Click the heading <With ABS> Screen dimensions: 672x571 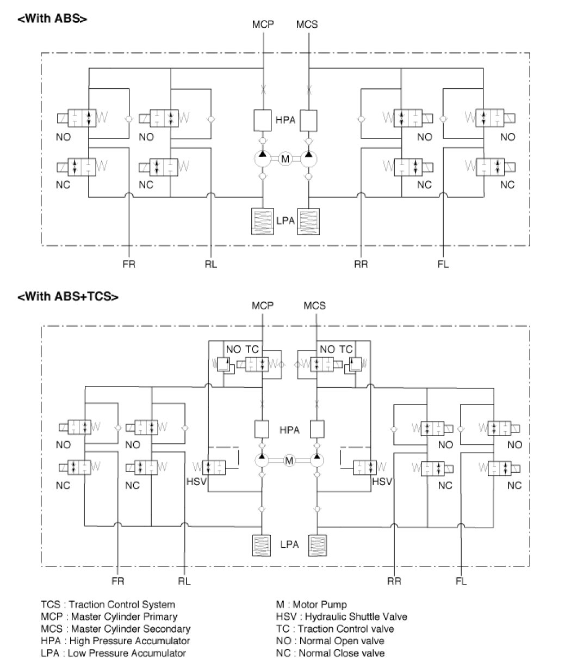(x=53, y=19)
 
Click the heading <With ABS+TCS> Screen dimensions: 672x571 (x=68, y=297)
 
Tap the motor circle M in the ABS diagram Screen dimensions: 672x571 (x=286, y=159)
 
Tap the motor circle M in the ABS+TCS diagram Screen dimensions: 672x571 (x=289, y=461)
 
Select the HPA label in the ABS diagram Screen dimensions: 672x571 (x=285, y=120)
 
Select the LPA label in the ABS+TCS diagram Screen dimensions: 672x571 (x=289, y=544)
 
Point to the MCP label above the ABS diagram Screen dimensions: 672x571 (x=263, y=24)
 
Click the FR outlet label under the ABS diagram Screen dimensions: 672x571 (x=129, y=265)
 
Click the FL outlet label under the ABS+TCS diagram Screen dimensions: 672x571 (x=461, y=581)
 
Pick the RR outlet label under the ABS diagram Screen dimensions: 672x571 (x=361, y=265)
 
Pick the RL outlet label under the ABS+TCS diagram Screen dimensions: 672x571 (x=184, y=581)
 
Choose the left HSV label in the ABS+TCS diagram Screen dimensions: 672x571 (x=196, y=482)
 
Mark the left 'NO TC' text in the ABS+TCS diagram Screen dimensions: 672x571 (x=243, y=349)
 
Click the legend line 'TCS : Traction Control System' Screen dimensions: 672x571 (x=108, y=604)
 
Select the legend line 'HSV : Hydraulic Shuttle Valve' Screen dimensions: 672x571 (x=342, y=616)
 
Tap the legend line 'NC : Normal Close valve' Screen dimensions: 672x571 (x=330, y=653)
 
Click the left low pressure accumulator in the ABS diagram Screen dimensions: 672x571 (x=263, y=222)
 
